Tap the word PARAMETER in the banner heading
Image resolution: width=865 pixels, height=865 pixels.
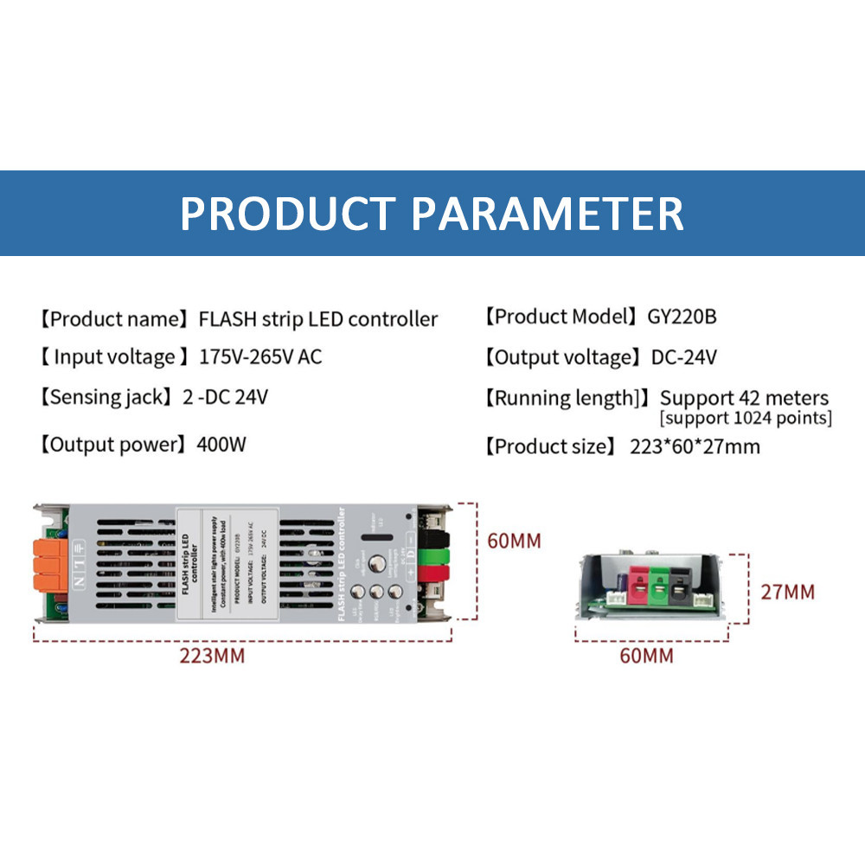pos(547,213)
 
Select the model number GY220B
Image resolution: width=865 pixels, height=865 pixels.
pos(682,317)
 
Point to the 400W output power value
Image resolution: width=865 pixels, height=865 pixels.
pos(223,445)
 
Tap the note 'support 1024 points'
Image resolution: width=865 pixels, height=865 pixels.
pos(745,419)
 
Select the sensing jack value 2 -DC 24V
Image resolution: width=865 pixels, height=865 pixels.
pos(225,398)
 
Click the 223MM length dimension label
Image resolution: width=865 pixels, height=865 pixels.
pos(212,656)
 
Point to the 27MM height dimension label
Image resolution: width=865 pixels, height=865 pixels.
pos(787,593)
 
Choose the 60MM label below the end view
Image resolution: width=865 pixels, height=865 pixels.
pos(645,656)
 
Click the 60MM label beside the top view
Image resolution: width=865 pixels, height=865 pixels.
pos(514,541)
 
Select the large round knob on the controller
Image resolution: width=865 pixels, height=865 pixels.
pos(377,564)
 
